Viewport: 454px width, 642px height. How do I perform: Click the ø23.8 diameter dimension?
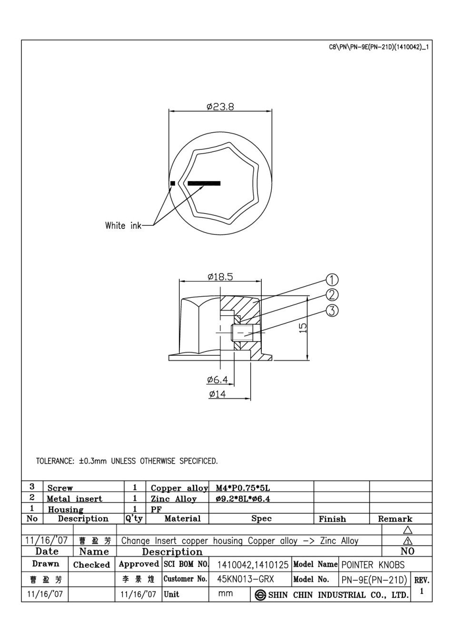(220, 107)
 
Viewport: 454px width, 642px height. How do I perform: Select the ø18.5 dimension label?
(220, 277)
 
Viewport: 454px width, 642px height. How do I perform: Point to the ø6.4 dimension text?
(217, 380)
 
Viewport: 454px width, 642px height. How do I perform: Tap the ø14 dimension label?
(217, 394)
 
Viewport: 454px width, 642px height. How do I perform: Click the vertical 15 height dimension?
(303, 328)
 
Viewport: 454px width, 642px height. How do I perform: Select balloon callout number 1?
(332, 280)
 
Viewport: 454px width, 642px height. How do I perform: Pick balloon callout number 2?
(332, 295)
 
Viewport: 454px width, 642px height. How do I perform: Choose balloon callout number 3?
(332, 311)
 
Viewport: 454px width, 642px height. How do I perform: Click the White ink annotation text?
(123, 225)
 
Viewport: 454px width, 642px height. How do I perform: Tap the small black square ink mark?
(173, 183)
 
